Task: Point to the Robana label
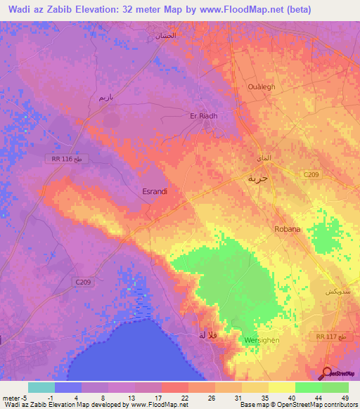point(287,229)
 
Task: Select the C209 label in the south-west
point(83,281)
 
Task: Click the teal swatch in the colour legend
point(41,387)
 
